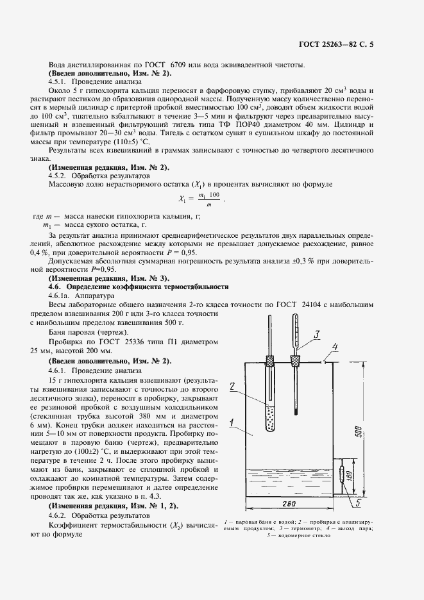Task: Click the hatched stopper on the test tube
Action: [x=270, y=360]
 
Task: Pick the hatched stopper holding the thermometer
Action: [x=295, y=361]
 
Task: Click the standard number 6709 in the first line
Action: [x=184, y=65]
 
